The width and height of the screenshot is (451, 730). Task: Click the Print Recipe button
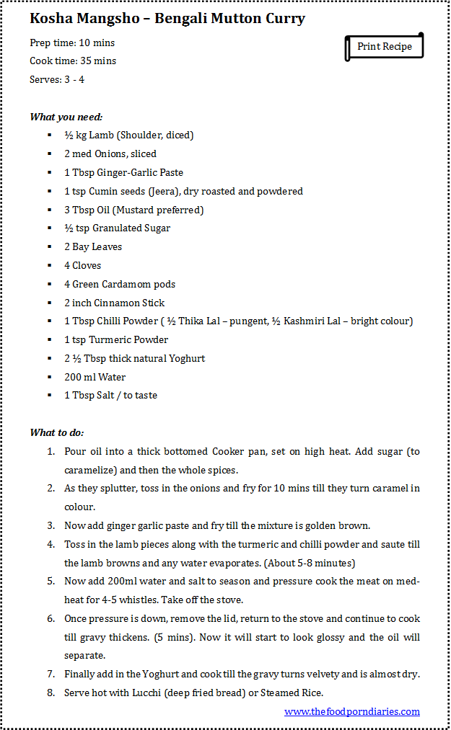pos(384,47)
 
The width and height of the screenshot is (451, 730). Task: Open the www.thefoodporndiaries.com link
pos(351,711)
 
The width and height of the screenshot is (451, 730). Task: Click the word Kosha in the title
pos(50,19)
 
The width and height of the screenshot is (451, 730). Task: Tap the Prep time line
pos(72,43)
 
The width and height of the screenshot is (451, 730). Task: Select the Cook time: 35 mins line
pos(73,61)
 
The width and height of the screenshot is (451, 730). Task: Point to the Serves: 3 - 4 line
pos(57,79)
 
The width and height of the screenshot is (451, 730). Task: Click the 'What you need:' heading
pos(66,117)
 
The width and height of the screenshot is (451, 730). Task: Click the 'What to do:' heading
pos(57,432)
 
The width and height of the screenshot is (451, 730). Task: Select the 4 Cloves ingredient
pos(83,266)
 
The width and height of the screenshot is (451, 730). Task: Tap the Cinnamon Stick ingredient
pos(115,303)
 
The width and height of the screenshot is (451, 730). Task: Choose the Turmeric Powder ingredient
pos(116,340)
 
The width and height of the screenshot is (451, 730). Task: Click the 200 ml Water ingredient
pos(95,377)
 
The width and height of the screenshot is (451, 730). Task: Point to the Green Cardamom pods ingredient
pos(120,284)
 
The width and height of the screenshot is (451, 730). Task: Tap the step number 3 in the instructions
pos(51,526)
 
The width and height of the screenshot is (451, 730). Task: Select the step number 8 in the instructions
pos(51,693)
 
